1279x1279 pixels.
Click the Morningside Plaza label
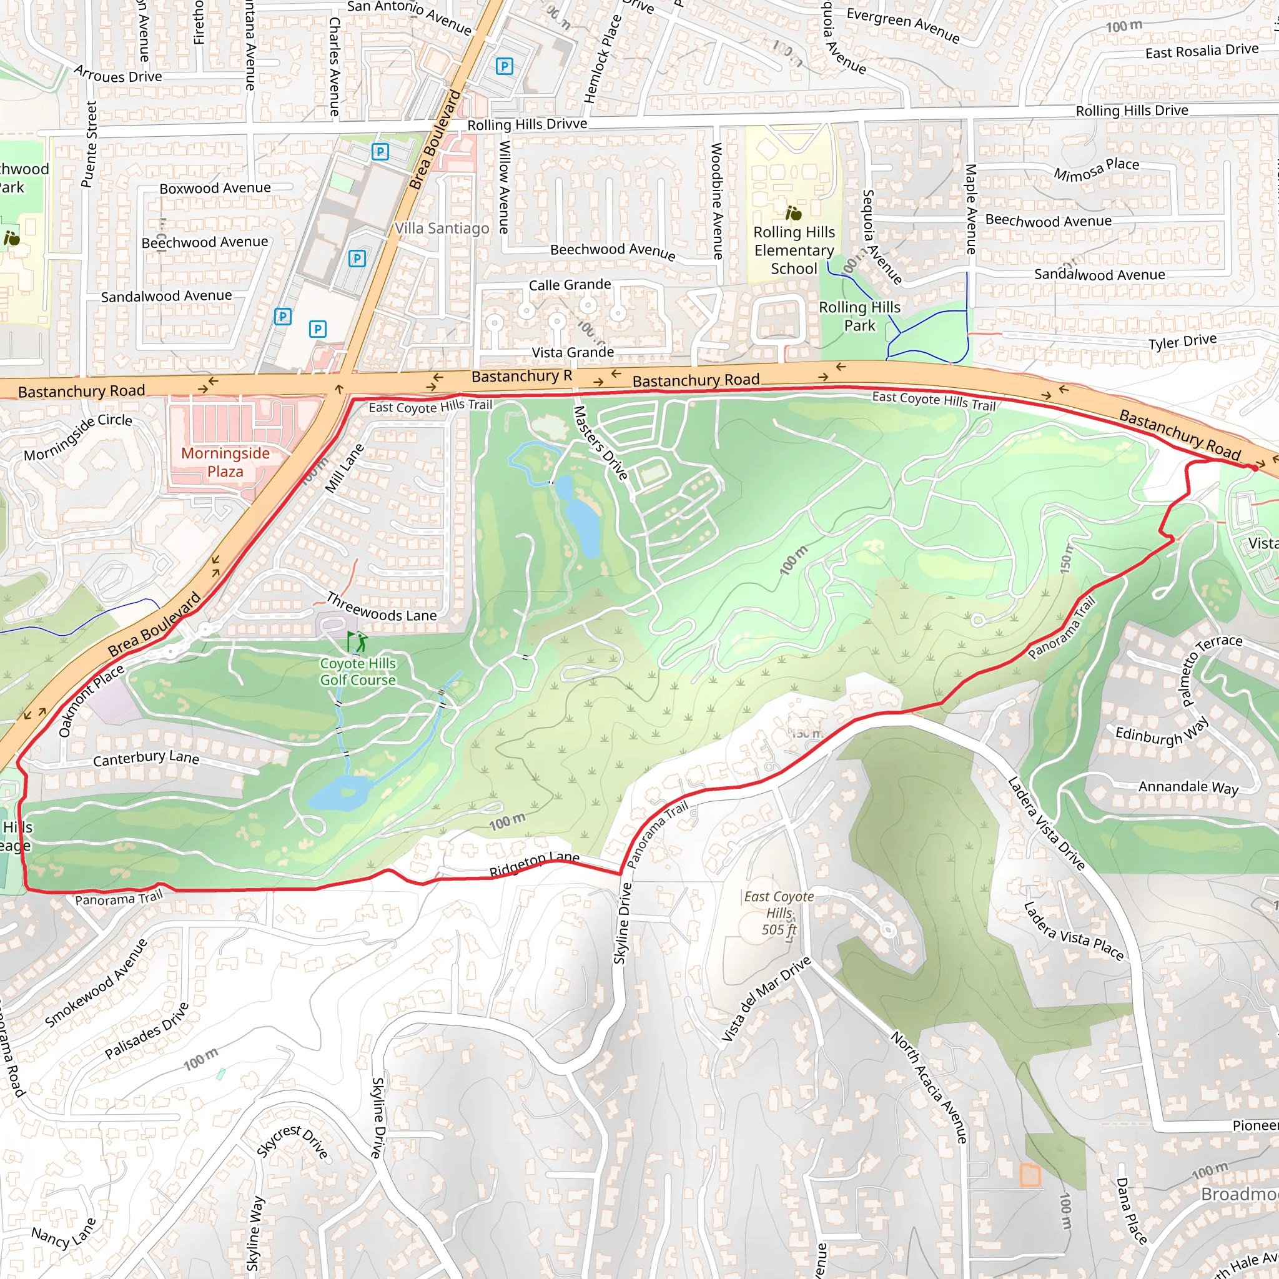pos(225,462)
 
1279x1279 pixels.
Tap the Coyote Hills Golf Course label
pos(357,671)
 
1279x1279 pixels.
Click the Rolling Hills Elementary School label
pos(794,250)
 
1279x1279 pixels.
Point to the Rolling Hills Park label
pos(859,316)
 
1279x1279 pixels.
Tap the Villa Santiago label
pos(442,229)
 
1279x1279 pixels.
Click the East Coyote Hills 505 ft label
pos(779,913)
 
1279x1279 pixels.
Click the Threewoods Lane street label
pos(382,607)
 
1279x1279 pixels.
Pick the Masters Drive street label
pos(600,443)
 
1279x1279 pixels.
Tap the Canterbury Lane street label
pos(146,758)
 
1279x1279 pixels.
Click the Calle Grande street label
pos(570,285)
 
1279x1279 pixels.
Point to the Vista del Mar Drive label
pos(765,1000)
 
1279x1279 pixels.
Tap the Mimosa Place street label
pos(1096,169)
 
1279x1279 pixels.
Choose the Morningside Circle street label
pos(78,437)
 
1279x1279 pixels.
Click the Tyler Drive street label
pos(1182,342)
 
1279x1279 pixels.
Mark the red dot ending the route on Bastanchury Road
pos(1253,467)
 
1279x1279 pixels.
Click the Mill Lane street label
pos(345,468)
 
